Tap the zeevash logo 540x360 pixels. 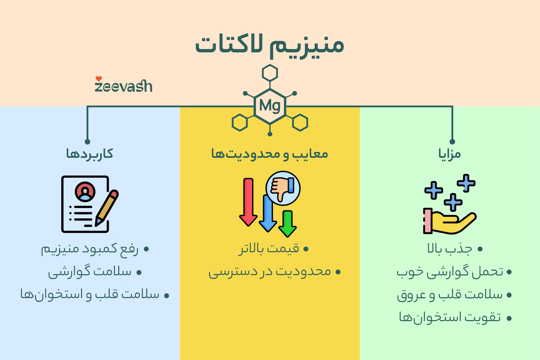click(123, 86)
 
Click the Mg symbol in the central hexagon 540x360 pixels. click(270, 106)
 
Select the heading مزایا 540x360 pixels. click(449, 154)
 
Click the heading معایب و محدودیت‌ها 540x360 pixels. click(270, 154)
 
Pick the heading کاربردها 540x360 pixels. click(90, 154)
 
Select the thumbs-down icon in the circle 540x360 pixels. click(283, 188)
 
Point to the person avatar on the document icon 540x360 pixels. click(85, 192)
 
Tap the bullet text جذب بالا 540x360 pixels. click(450, 249)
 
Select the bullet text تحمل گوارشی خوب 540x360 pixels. click(450, 272)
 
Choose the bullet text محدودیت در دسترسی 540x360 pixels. click(270, 272)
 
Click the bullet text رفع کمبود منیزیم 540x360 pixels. click(90, 249)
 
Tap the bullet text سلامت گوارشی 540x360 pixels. click(90, 272)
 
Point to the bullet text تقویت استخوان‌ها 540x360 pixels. click(450, 318)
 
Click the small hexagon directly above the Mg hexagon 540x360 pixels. click(270, 73)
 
